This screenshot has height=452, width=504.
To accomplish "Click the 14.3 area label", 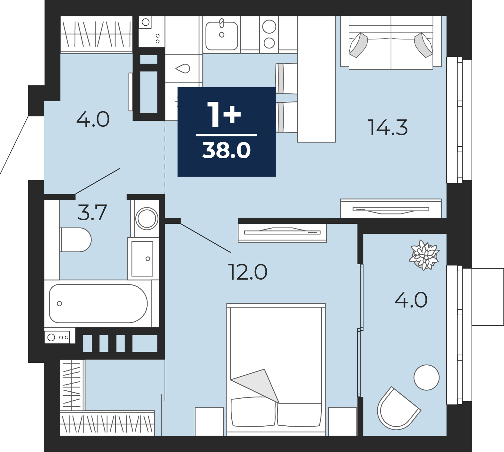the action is (388, 127).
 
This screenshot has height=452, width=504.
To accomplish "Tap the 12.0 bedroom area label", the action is (247, 272).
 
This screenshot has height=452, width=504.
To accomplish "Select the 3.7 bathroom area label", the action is (92, 213).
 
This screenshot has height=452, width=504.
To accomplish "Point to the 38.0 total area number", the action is (226, 150).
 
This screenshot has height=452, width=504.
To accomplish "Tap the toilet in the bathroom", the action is (76, 240).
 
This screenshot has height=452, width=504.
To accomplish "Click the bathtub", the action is (98, 303).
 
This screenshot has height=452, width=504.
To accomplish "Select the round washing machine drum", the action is (147, 219).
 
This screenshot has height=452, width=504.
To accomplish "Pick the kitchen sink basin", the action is (222, 36).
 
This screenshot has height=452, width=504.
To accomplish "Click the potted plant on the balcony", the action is (424, 255).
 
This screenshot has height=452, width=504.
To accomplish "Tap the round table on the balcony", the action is (426, 378).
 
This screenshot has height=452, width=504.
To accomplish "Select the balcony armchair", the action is (398, 409).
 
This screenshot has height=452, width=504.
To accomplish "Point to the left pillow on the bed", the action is (253, 412).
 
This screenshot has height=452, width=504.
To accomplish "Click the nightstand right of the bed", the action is (343, 422).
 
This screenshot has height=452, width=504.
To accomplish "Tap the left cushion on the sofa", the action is (358, 45).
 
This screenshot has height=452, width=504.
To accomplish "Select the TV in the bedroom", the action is (282, 233).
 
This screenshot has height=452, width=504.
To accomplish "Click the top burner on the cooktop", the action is (269, 27).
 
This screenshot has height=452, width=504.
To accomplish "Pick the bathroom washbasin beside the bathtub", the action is (143, 258).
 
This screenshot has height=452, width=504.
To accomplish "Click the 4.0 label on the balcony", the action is (411, 300).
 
